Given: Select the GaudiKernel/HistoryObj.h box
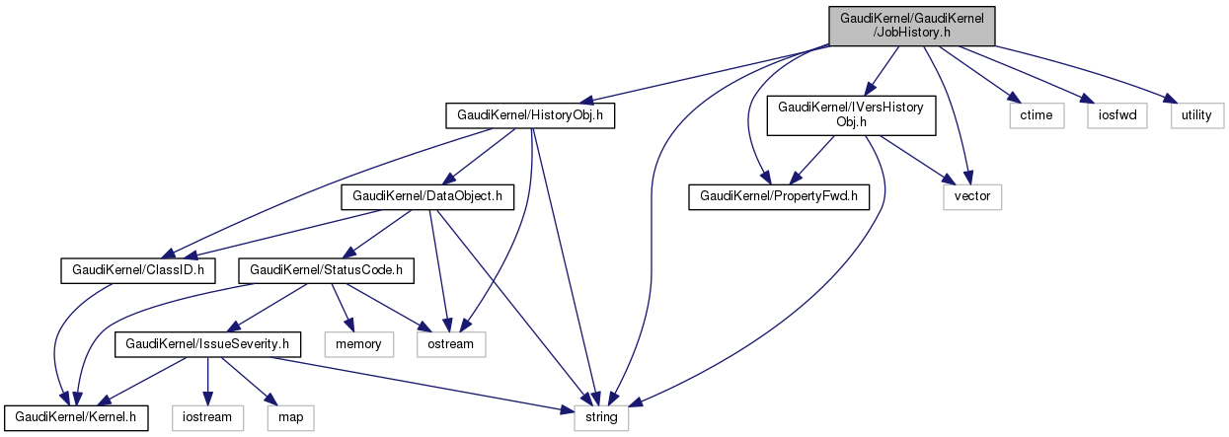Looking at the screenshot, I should pyautogui.click(x=530, y=115).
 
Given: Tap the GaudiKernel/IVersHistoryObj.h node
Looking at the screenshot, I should pyautogui.click(x=852, y=114).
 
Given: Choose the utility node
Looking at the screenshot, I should pyautogui.click(x=1196, y=115).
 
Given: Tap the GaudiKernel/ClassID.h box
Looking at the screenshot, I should pyautogui.click(x=138, y=268).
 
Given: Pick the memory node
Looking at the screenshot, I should pyautogui.click(x=364, y=343).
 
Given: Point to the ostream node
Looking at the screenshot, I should pyautogui.click(x=450, y=343).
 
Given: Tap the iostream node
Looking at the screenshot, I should pyautogui.click(x=207, y=417).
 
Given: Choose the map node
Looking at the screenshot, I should pyautogui.click(x=290, y=417).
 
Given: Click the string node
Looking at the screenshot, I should pyautogui.click(x=601, y=417).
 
